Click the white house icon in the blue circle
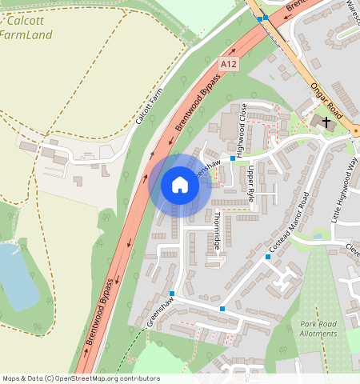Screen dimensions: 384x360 pos(180,186)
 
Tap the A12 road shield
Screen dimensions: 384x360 pos(229,63)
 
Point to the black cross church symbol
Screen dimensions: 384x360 pos(326,121)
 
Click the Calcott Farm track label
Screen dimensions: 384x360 pos(150,106)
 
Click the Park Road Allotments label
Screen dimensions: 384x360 pos(318,329)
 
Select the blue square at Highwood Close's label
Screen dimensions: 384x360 pos(233,158)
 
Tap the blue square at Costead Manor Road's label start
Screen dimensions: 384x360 pos(267,256)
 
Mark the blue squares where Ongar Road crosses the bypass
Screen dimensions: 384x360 pos(262,17)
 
